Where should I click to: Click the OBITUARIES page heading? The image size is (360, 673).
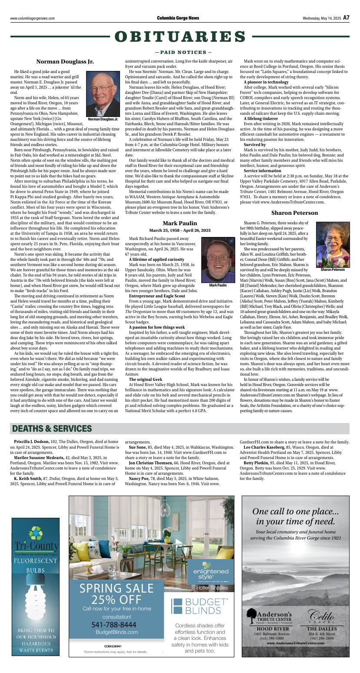point(180,37)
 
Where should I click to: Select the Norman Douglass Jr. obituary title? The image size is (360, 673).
point(65,62)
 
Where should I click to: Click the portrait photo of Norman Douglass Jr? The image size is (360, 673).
point(103,93)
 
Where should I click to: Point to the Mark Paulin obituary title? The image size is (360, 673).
point(180,223)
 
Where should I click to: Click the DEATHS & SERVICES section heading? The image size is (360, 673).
point(52,429)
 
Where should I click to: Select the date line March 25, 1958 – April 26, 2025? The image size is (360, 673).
point(180,230)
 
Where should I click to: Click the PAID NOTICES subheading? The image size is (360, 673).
point(180,52)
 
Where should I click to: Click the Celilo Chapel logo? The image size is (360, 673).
point(321,617)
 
